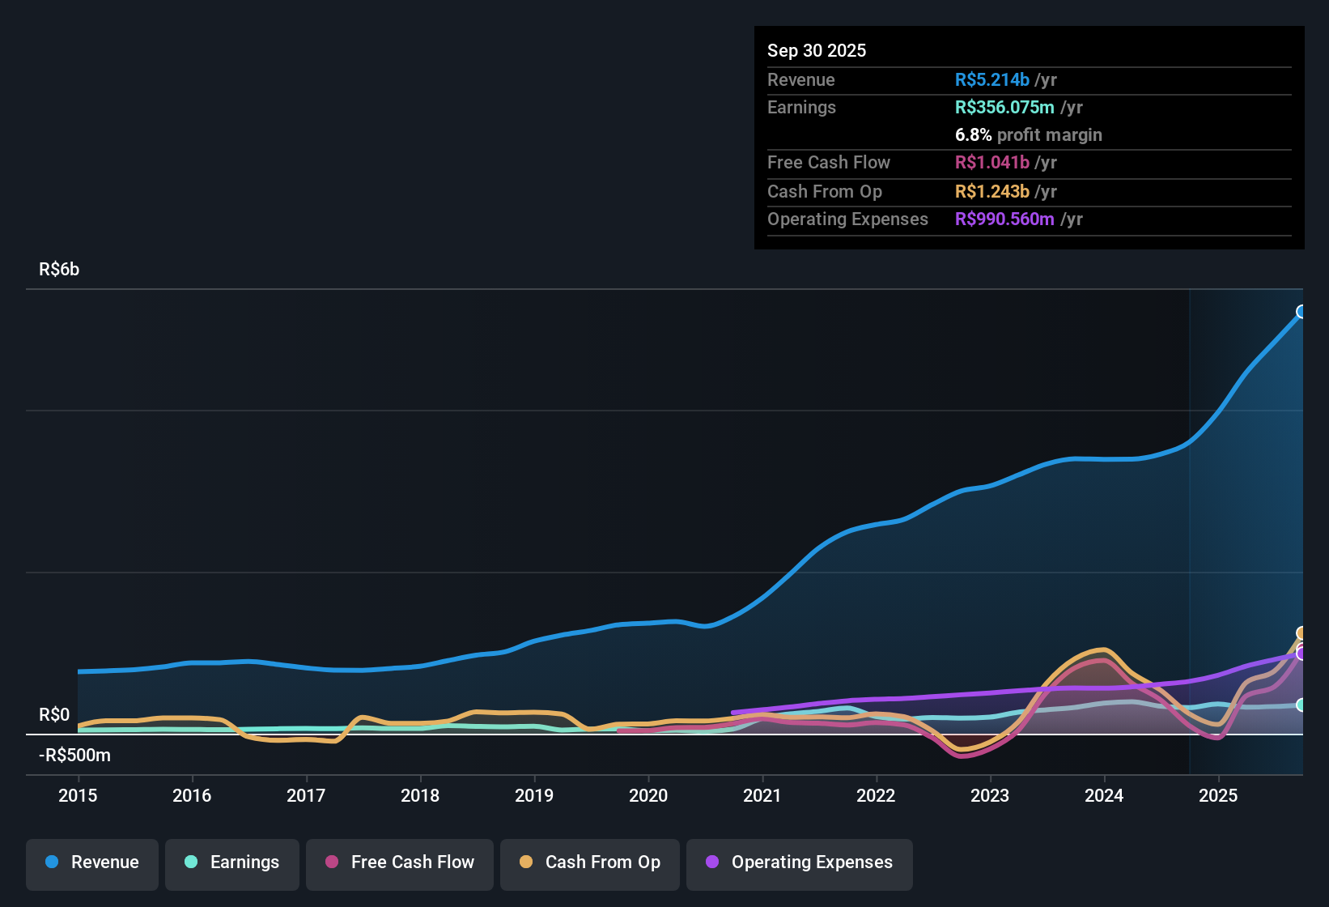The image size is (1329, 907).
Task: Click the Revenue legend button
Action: tap(92, 862)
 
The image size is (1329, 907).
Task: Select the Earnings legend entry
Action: tap(232, 862)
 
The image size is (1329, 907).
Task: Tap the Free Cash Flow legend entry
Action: tap(400, 862)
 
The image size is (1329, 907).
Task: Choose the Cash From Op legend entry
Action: tap(590, 862)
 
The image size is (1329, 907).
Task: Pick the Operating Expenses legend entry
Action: tap(800, 862)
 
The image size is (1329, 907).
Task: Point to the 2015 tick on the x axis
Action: tap(78, 795)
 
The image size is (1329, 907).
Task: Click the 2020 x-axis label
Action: tap(648, 795)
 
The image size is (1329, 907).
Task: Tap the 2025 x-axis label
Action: tap(1218, 795)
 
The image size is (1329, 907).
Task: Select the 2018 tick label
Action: tap(420, 795)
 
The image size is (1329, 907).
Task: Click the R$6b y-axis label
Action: tap(59, 270)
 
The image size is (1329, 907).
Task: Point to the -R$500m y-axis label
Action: tap(74, 756)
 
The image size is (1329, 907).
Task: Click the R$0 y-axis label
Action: tap(54, 715)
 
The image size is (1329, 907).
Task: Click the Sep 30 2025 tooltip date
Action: tap(817, 50)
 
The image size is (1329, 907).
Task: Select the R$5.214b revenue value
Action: tap(991, 80)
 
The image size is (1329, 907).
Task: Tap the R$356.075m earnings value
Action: tap(1004, 108)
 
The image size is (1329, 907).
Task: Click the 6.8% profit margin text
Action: tap(1028, 135)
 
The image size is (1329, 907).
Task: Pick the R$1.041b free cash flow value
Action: tap(991, 163)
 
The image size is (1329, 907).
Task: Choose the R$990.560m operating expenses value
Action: tap(1004, 219)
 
